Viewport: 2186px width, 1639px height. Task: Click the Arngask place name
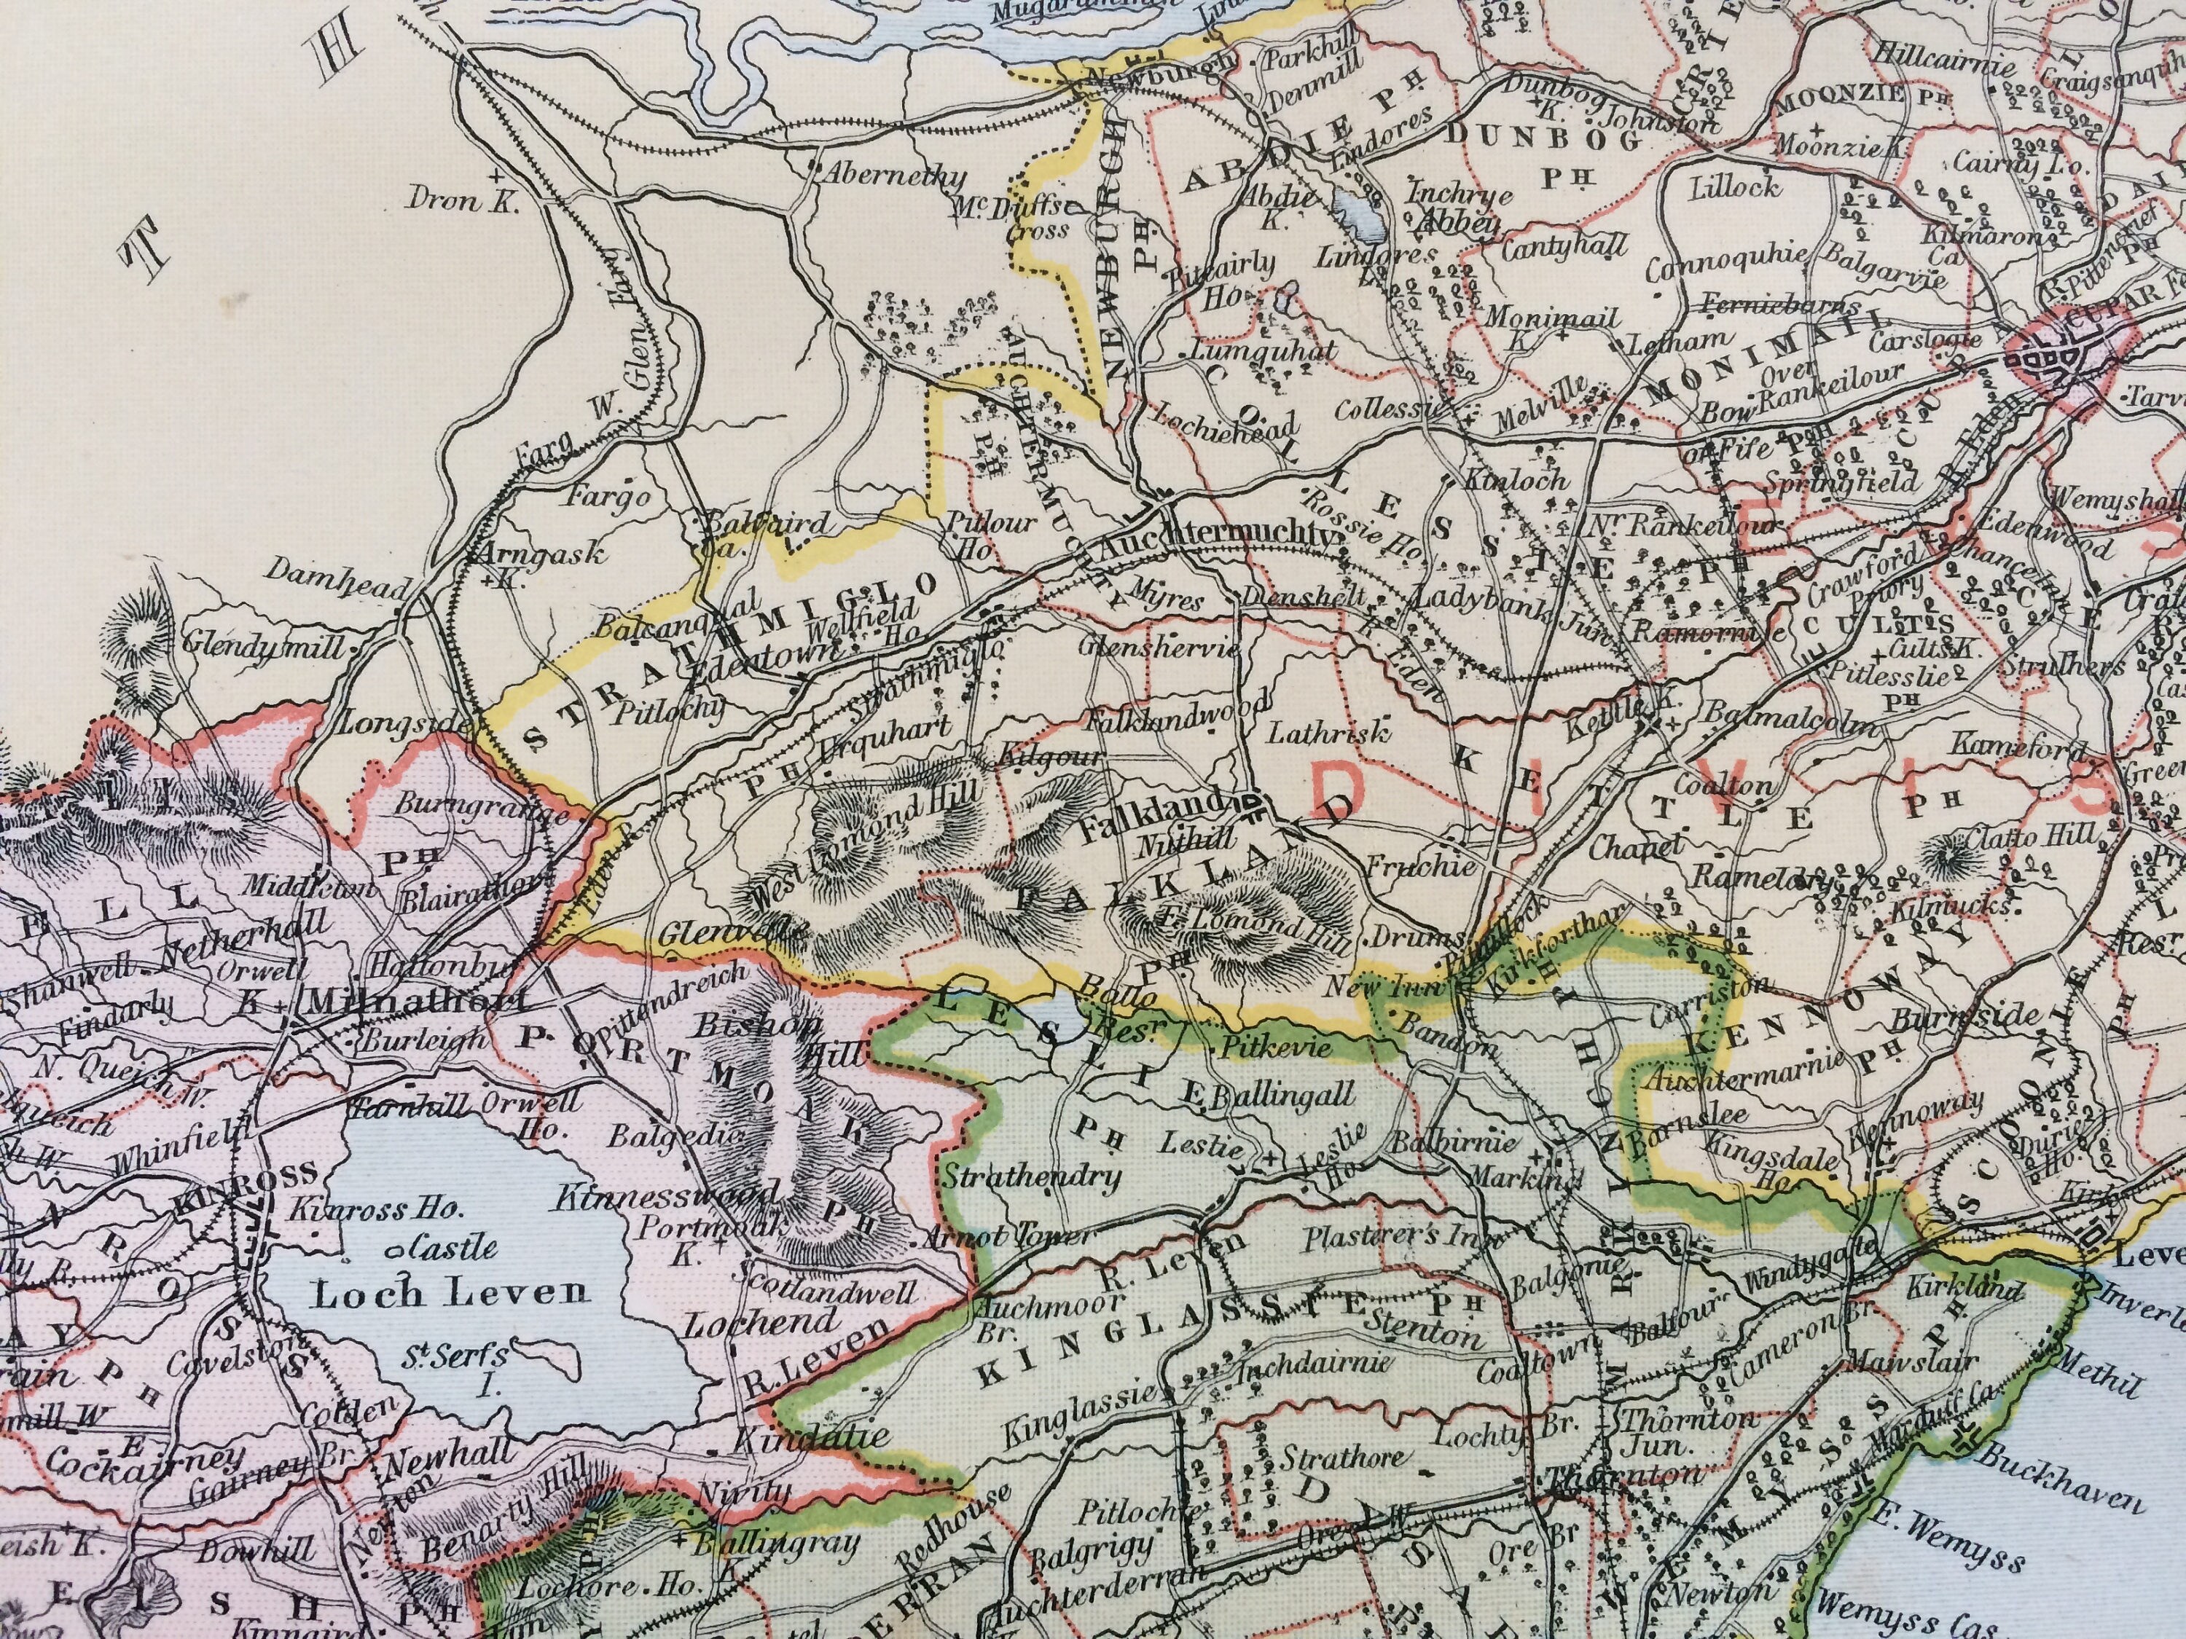543,557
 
